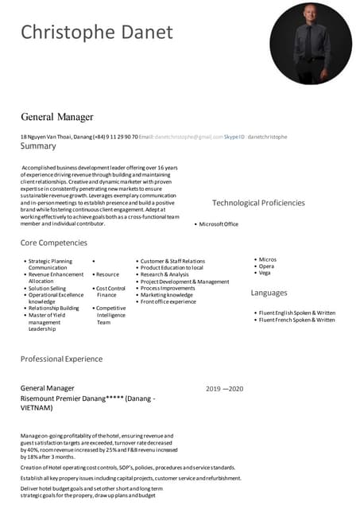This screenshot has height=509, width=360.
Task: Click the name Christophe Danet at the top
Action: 96,32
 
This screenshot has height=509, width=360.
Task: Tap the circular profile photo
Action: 311,43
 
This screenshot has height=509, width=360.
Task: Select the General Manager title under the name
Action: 57,117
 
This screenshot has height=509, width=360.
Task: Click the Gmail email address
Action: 189,137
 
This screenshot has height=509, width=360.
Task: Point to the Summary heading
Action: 38,146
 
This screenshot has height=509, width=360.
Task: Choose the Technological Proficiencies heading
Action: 258,203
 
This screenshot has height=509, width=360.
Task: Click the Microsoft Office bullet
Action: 219,224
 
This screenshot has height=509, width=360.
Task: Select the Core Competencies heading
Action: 54,243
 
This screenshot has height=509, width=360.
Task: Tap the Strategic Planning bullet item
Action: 50,261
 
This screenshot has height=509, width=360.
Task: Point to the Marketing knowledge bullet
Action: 166,295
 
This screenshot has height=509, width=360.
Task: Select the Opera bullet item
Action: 267,266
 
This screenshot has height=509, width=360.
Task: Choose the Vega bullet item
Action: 265,273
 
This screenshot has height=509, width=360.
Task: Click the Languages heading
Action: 269,293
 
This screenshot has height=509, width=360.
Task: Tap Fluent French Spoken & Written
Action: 296,320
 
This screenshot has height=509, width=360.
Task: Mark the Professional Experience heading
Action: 61,359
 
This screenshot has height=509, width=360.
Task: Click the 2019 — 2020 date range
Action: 224,388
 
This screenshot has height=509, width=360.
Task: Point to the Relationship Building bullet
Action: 53,308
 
